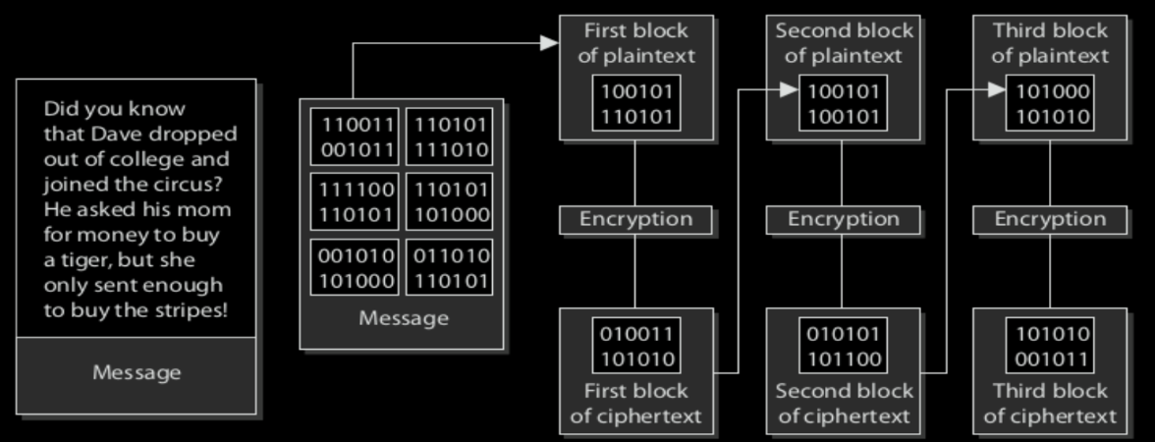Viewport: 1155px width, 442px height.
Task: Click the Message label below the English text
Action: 137,372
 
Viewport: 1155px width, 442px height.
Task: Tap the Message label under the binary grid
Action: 403,317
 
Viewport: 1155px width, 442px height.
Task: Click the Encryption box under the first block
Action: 635,219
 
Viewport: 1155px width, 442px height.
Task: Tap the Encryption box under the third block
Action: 1050,219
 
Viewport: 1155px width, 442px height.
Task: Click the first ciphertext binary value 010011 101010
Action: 635,346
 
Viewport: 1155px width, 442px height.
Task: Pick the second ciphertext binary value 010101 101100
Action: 843,346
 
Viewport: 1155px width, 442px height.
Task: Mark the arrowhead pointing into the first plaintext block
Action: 550,42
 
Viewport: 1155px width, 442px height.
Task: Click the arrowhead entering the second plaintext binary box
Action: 788,90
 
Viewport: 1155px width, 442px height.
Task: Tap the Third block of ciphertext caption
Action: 1050,403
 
